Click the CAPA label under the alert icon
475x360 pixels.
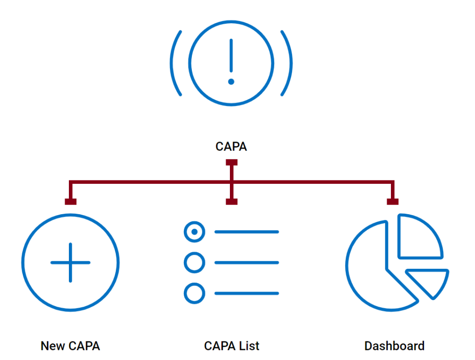click(231, 147)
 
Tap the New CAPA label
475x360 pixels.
click(70, 346)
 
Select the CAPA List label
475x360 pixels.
click(232, 346)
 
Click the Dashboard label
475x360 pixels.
click(394, 346)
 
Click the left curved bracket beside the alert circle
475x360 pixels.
click(175, 63)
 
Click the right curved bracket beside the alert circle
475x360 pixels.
click(288, 63)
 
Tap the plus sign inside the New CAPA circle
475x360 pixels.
click(70, 263)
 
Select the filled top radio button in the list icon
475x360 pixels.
click(194, 232)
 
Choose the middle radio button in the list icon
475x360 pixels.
click(194, 263)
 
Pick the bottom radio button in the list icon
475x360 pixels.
click(194, 293)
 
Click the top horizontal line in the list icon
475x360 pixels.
click(247, 232)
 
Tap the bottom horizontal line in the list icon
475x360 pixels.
click(247, 293)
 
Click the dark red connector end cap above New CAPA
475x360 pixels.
click(70, 202)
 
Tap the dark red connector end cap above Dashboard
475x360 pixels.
click(392, 202)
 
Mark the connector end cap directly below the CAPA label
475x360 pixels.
click(231, 163)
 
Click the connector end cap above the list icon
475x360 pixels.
click(231, 202)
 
